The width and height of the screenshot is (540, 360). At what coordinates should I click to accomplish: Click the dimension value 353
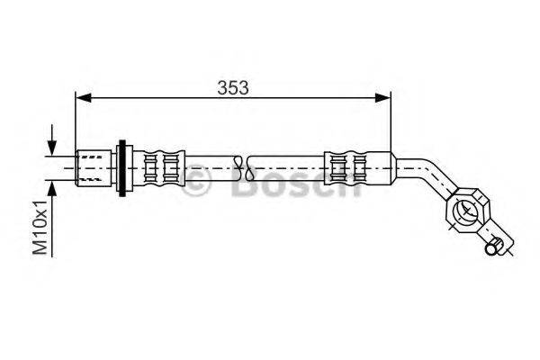pyautogui.click(x=232, y=86)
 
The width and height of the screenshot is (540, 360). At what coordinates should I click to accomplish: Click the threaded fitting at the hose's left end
pyautogui.click(x=94, y=166)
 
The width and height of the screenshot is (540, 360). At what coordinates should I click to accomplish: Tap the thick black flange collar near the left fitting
pyautogui.click(x=124, y=166)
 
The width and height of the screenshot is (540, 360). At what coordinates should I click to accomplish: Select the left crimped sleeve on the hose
pyautogui.click(x=161, y=166)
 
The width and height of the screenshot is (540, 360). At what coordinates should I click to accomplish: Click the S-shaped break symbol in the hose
pyautogui.click(x=238, y=166)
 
